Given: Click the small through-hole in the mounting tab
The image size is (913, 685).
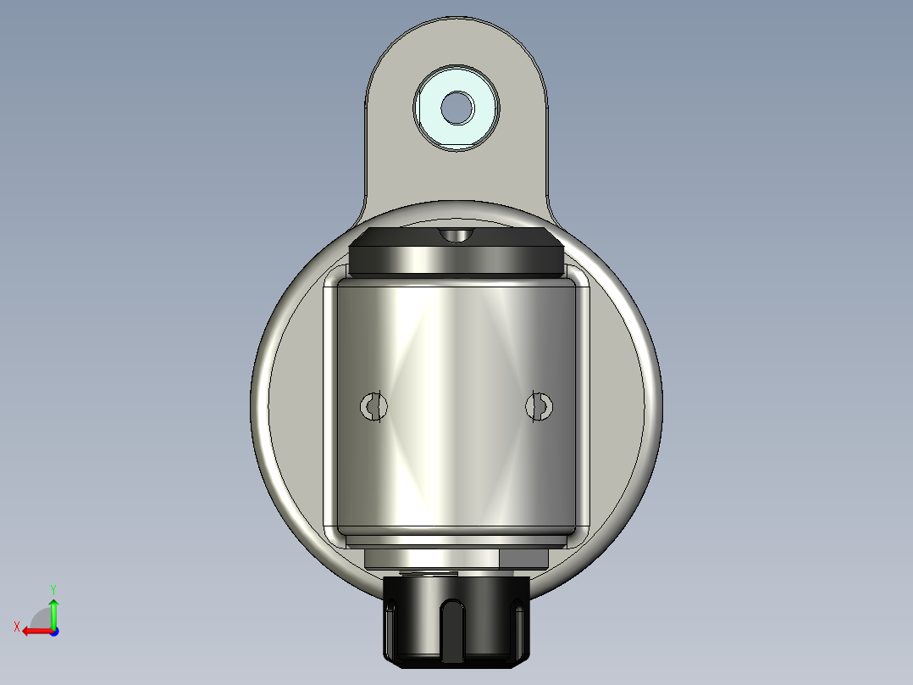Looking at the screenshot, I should [456, 107].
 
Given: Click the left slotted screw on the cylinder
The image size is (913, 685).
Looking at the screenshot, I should [373, 407].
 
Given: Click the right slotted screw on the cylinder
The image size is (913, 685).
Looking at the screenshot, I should [538, 407].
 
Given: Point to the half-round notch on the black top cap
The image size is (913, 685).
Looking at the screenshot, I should [456, 235].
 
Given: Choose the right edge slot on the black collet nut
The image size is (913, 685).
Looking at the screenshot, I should [517, 607].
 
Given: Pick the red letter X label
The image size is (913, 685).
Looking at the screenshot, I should [16, 627].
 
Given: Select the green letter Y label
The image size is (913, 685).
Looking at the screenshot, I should [53, 588].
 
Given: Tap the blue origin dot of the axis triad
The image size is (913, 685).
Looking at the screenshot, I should [53, 631].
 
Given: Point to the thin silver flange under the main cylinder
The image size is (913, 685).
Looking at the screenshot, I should [456, 540].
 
